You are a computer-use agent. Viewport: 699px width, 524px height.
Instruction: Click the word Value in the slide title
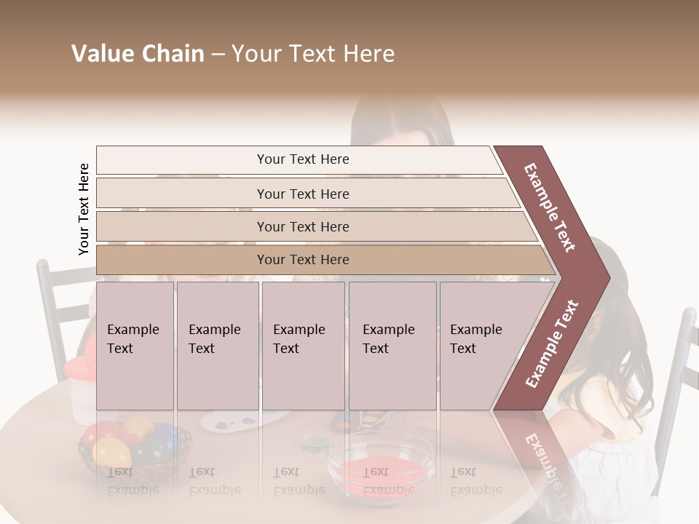[x=100, y=55]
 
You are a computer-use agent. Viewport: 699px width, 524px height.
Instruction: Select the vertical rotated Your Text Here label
[x=84, y=209]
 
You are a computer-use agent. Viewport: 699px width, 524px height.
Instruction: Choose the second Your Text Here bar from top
[x=303, y=194]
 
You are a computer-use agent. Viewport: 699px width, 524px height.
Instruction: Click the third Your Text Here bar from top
[x=303, y=226]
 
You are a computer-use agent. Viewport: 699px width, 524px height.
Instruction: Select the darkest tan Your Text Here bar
[x=303, y=260]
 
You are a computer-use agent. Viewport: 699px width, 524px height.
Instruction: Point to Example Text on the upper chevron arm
[x=550, y=207]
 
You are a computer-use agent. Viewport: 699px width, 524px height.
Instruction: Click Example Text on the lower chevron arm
[x=551, y=344]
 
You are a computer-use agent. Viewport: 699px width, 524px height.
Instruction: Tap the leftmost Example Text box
[x=135, y=346]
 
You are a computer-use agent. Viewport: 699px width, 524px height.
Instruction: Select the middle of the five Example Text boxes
[x=303, y=346]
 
